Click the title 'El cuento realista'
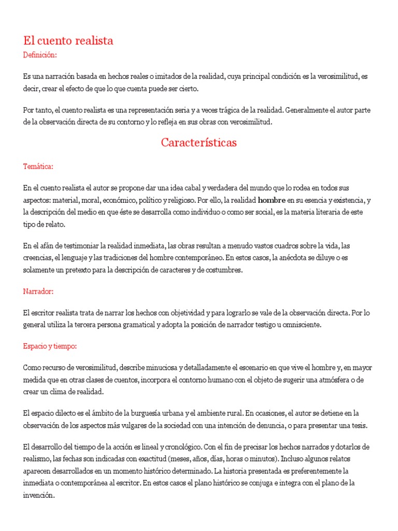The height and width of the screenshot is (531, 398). [68, 40]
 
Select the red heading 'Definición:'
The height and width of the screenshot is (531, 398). [40, 54]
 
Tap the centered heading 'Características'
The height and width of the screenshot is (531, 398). [198, 143]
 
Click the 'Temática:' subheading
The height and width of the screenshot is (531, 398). [38, 166]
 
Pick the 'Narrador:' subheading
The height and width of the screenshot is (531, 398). [38, 292]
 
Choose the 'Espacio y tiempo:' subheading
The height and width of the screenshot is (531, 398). [50, 346]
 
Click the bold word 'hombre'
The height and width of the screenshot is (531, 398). [272, 200]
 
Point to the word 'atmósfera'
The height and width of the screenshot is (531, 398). [326, 380]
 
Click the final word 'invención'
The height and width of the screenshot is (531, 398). [39, 495]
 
